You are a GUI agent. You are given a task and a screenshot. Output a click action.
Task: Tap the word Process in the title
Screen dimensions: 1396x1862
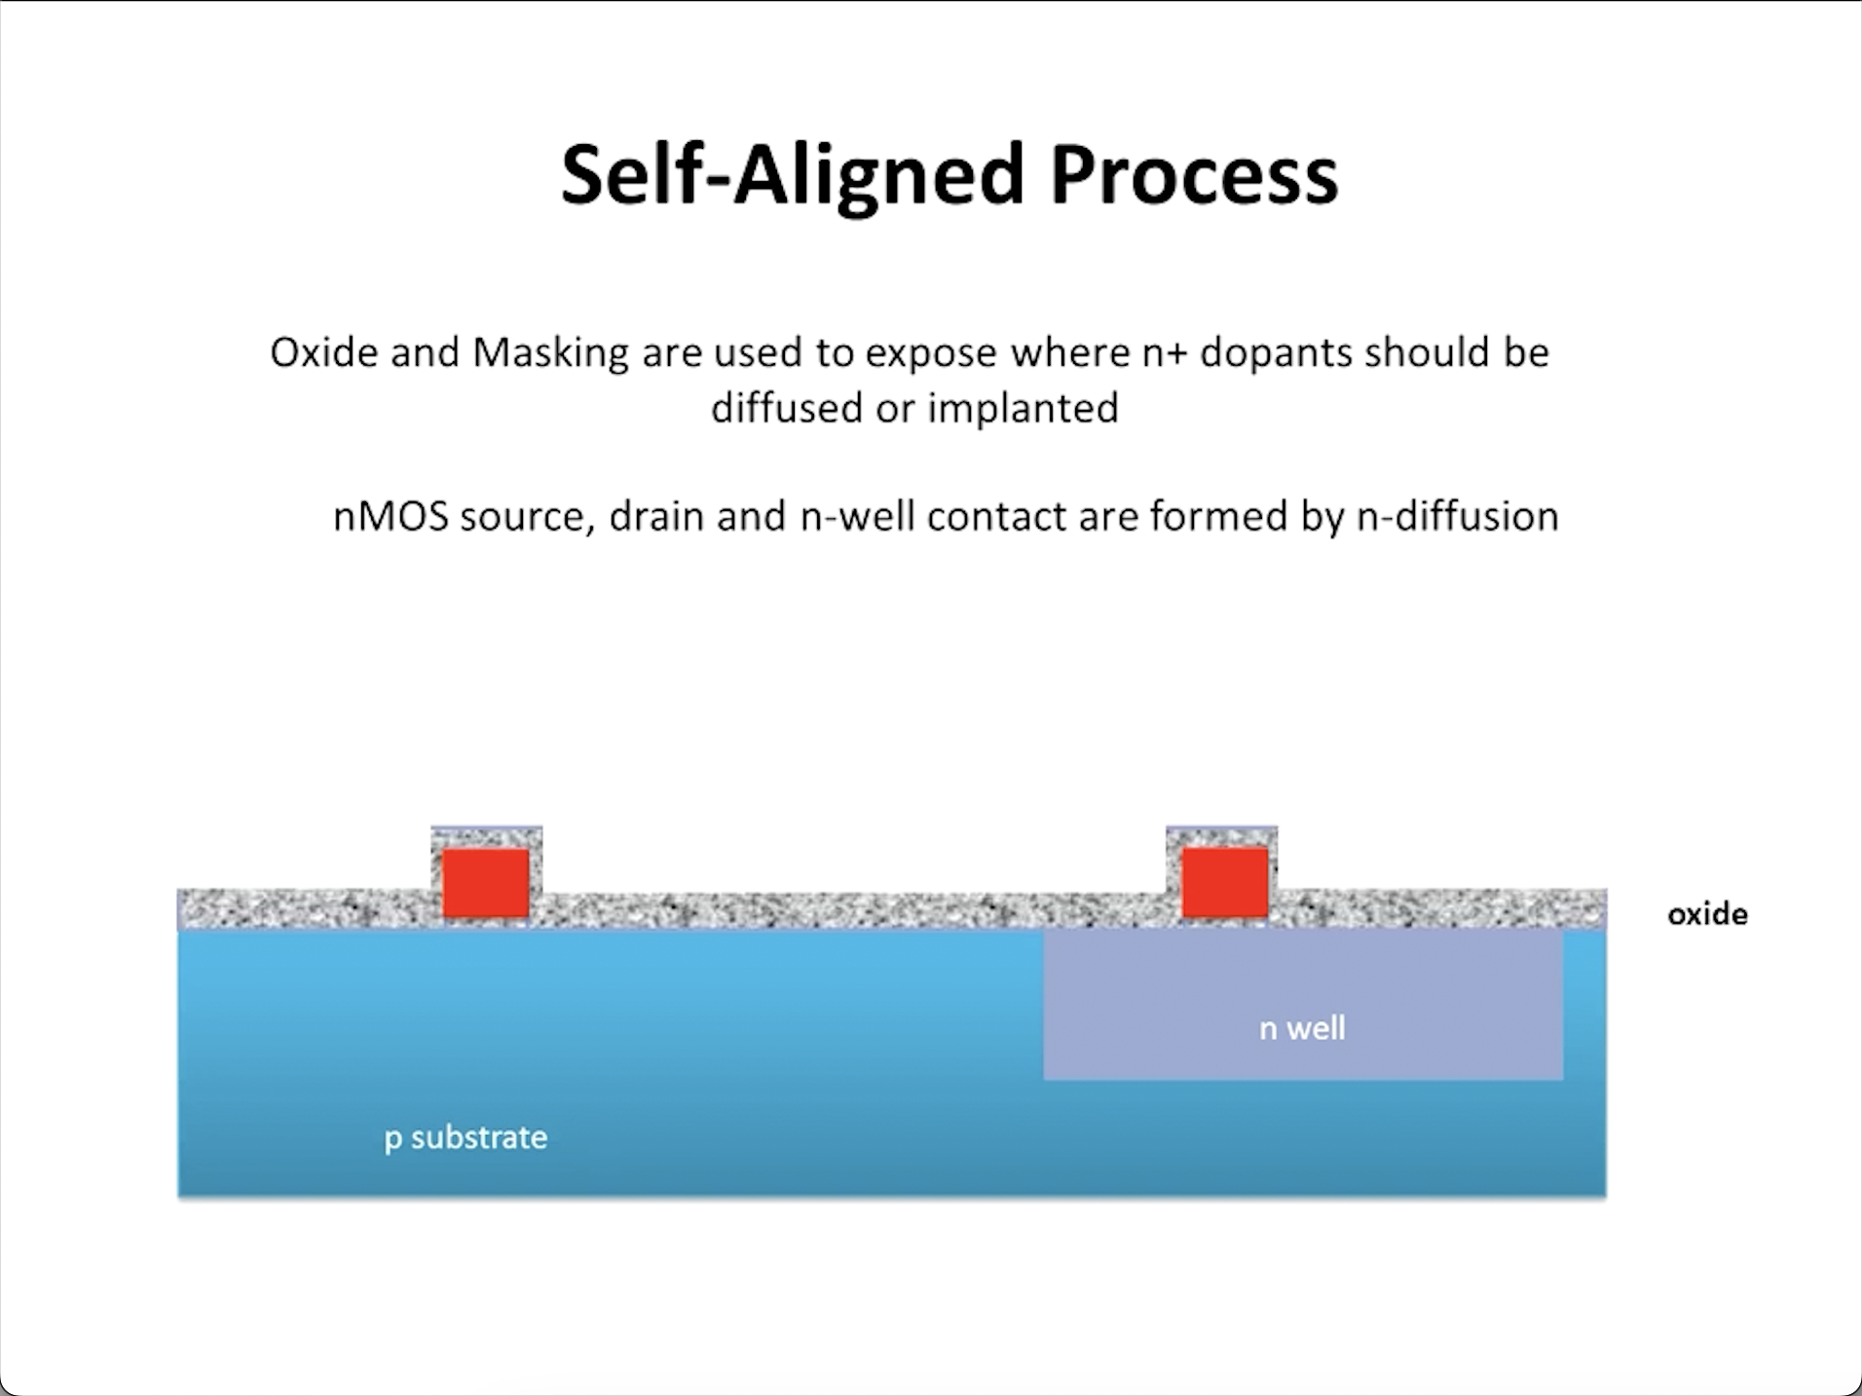[1194, 175]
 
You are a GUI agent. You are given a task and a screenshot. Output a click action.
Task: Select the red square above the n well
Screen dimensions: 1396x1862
[1224, 882]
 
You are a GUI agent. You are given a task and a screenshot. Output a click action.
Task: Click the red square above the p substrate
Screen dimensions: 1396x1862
[486, 882]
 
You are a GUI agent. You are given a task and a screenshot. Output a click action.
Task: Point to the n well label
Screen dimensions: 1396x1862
[1302, 1028]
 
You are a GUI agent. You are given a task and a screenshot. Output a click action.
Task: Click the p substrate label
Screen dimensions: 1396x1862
[465, 1137]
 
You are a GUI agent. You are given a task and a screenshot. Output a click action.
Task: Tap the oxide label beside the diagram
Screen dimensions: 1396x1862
[1707, 914]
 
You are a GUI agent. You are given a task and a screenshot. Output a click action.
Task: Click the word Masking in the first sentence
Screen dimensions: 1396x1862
[551, 352]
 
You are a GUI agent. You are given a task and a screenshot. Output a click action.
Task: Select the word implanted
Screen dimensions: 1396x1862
[1022, 408]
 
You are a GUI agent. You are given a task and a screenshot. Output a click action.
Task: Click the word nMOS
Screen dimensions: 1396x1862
[391, 516]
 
